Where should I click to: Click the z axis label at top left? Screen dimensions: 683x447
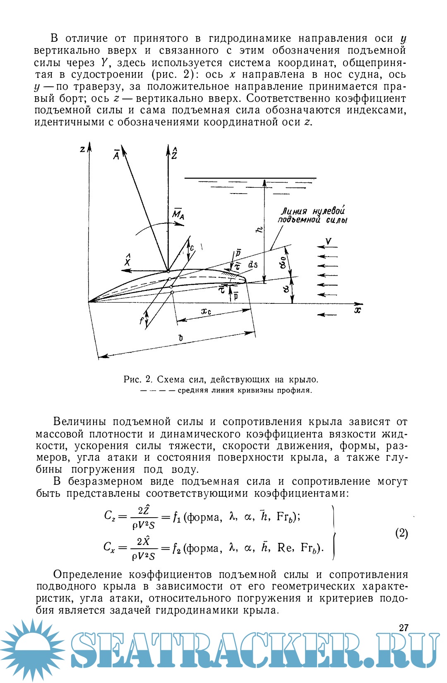pyautogui.click(x=83, y=149)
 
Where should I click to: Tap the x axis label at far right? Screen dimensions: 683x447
pyautogui.click(x=358, y=310)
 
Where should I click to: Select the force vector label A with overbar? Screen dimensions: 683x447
pyautogui.click(x=116, y=155)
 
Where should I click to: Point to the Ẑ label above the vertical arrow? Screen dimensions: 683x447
pyautogui.click(x=175, y=153)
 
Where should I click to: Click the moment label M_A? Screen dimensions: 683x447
pyautogui.click(x=178, y=214)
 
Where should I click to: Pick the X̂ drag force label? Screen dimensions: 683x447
pyautogui.click(x=127, y=261)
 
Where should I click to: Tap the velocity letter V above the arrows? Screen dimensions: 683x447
pyautogui.click(x=328, y=242)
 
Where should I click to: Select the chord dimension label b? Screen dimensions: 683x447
pyautogui.click(x=180, y=339)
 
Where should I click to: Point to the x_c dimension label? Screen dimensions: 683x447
pyautogui.click(x=206, y=311)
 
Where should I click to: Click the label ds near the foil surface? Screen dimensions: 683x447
pyautogui.click(x=252, y=264)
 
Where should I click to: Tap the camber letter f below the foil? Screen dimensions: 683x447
pyautogui.click(x=141, y=320)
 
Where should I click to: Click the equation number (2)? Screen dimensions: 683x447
pyautogui.click(x=401, y=533)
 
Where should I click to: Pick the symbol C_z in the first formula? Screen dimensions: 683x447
pyautogui.click(x=110, y=516)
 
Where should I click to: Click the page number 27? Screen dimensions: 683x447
pyautogui.click(x=404, y=627)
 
